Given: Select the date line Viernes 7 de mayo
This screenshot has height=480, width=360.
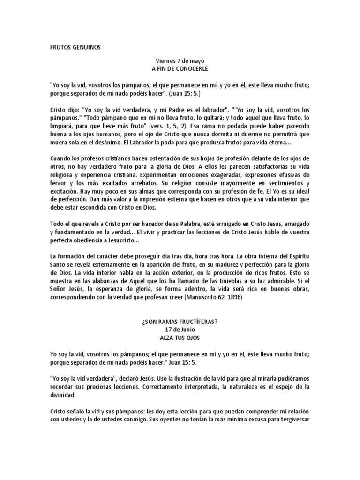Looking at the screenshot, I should (180, 61).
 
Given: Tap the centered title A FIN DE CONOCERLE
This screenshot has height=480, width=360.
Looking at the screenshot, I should (180, 68).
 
